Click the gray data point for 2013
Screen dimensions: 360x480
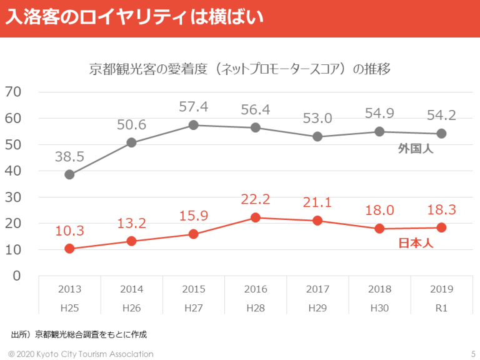(x=69, y=174)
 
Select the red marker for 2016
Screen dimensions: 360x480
(x=256, y=217)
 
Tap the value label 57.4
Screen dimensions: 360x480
(x=194, y=107)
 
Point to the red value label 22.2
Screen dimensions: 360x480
(x=256, y=199)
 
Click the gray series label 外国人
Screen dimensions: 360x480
(x=416, y=149)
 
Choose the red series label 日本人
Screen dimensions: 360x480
(x=416, y=243)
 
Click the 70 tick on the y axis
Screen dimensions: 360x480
(x=13, y=92)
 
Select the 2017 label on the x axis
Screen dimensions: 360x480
(x=317, y=289)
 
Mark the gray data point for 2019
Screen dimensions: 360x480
(x=441, y=133)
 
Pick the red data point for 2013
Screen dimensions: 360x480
(x=69, y=249)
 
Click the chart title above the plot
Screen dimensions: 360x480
(x=240, y=69)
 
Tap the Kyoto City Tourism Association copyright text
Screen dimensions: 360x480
(x=81, y=354)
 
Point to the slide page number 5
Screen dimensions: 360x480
(x=472, y=354)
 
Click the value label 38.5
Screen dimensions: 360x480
(x=69, y=156)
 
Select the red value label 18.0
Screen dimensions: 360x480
(x=379, y=211)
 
